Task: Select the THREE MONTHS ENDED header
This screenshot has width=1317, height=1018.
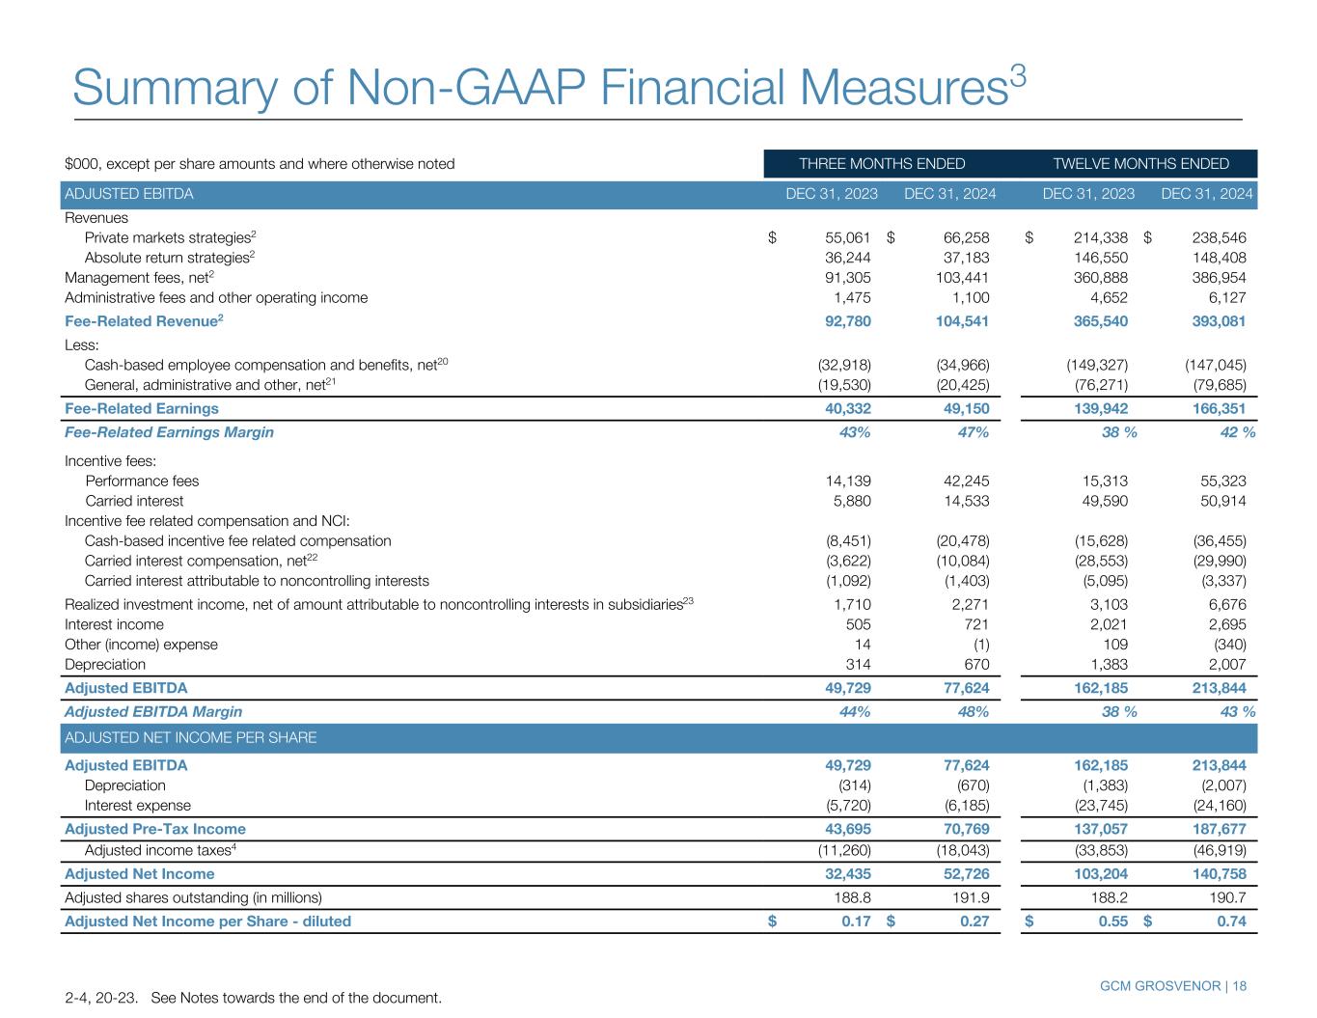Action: [882, 164]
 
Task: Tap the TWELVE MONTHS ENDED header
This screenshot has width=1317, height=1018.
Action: [1140, 164]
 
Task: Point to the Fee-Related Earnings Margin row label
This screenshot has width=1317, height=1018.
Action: [169, 432]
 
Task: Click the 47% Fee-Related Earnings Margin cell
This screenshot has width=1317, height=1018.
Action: [972, 432]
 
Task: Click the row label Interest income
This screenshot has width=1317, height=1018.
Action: [114, 624]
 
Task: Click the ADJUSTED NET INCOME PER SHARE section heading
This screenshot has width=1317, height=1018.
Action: [190, 738]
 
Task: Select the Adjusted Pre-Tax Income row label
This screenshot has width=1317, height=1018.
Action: [154, 829]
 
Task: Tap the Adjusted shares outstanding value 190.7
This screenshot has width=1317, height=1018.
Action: [1225, 897]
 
